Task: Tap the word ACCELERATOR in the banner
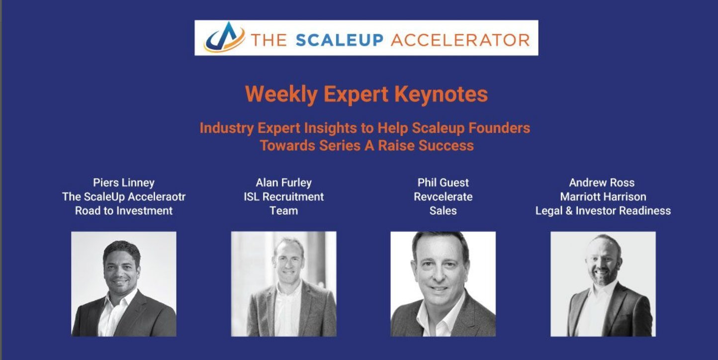click(460, 39)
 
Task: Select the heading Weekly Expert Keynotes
click(366, 94)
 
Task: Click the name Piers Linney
click(123, 182)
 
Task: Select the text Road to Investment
click(123, 210)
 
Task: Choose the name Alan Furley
click(283, 182)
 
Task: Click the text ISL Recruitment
click(283, 196)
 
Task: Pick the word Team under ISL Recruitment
click(283, 210)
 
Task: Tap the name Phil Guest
click(443, 182)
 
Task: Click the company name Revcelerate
click(443, 196)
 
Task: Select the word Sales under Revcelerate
click(443, 210)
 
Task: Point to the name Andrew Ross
click(603, 182)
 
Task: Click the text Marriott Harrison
click(603, 196)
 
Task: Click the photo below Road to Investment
click(123, 284)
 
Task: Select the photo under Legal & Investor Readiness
click(603, 284)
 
